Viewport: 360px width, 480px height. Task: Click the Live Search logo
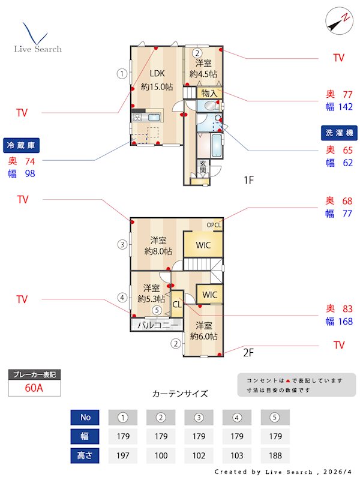[37, 38]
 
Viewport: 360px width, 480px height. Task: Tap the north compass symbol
[338, 21]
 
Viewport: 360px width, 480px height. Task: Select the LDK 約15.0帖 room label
[157, 80]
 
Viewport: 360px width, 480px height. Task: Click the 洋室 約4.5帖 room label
[203, 68]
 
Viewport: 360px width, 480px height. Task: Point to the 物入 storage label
[209, 94]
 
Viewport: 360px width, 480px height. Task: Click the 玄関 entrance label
[203, 166]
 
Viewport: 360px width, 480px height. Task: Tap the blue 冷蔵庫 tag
[22, 146]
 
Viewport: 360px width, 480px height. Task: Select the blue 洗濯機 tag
[339, 132]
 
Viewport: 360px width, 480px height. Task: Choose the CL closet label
[177, 304]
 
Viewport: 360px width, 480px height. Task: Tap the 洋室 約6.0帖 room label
[203, 331]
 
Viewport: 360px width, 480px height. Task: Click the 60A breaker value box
[34, 388]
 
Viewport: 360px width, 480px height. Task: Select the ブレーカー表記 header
[34, 374]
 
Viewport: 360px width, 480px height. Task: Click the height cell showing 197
[122, 455]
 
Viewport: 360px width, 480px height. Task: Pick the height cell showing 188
[275, 455]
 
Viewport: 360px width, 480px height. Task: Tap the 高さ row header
[85, 455]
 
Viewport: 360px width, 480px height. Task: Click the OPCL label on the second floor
[214, 225]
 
